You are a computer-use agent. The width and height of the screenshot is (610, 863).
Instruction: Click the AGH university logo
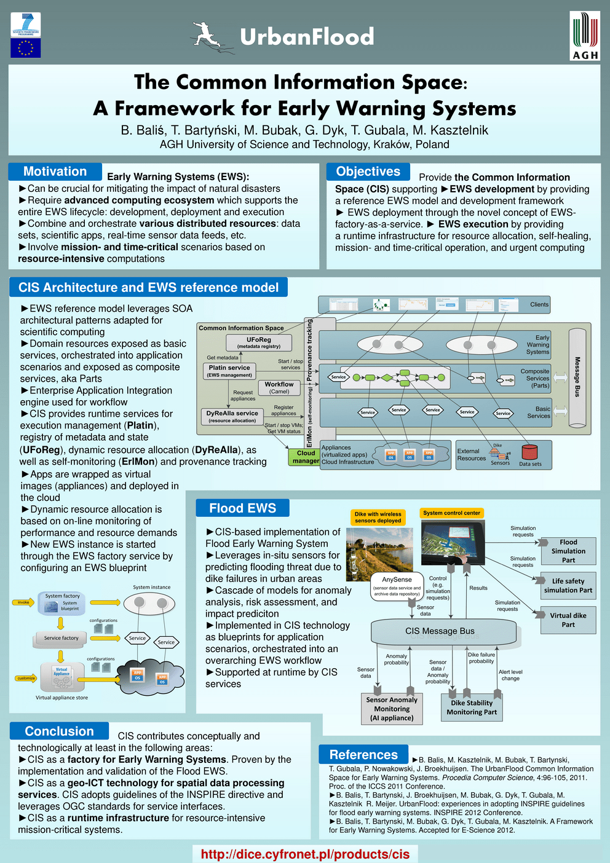point(585,36)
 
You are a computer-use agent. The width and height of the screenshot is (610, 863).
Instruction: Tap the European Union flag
point(26,48)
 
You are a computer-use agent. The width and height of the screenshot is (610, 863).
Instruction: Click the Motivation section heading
point(55,171)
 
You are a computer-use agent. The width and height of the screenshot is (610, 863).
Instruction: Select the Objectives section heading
point(368,171)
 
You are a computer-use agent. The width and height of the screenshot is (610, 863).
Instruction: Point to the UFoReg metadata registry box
point(259,342)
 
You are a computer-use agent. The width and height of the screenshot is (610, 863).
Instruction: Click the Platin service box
point(229,371)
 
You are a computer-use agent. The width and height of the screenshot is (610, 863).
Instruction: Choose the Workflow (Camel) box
point(279,387)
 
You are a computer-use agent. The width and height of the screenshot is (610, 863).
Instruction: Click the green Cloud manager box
point(306,457)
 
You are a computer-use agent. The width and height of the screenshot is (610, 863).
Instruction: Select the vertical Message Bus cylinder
point(577,378)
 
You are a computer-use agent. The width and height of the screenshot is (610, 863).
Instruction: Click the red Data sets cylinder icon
point(529,452)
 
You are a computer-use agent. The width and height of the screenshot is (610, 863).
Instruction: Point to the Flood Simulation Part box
point(568,551)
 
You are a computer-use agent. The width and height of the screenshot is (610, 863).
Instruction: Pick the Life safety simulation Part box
point(568,585)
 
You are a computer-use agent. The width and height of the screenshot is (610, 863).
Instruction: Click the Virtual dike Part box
point(568,620)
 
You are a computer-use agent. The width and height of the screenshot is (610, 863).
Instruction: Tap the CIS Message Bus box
point(440,631)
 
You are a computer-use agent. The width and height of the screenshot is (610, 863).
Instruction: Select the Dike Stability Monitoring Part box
point(472,707)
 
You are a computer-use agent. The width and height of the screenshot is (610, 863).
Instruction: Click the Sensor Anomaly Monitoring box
point(392,709)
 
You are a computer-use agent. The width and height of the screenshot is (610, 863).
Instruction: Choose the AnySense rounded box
point(397,586)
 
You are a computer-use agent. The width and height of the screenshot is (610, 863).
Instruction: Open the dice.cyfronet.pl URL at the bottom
point(305,854)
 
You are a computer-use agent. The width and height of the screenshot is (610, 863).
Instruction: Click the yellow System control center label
point(451,513)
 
